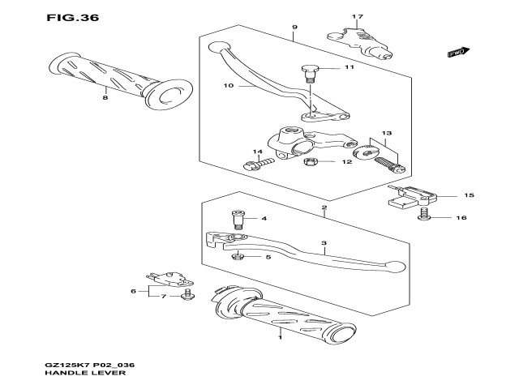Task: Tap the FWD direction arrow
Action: click(458, 53)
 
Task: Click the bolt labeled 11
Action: click(309, 73)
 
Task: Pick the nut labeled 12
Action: click(309, 162)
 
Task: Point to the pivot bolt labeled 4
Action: click(238, 219)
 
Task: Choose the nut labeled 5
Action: click(238, 258)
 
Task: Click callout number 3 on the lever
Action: click(324, 242)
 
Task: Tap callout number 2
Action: click(324, 208)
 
